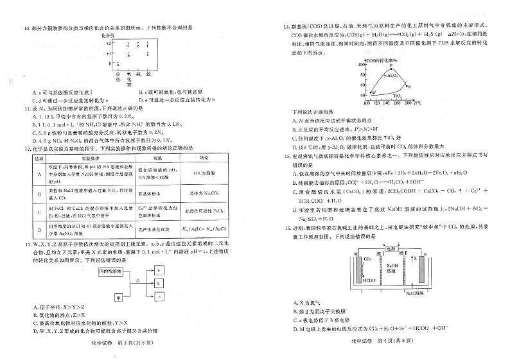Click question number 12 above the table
pyautogui.click(x=26, y=148)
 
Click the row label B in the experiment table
pyautogui.click(x=37, y=193)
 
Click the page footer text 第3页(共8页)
pyautogui.click(x=138, y=343)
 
